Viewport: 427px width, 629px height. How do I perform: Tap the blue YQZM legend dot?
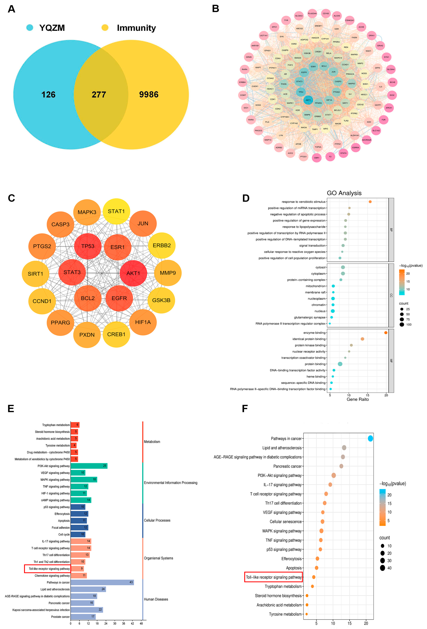[x=30, y=28]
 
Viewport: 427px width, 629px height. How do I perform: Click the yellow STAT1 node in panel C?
[x=116, y=211]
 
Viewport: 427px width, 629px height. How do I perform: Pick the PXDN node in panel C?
[x=87, y=335]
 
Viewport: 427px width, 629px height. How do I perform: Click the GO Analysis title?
[x=344, y=193]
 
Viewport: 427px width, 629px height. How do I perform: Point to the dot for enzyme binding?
[x=386, y=333]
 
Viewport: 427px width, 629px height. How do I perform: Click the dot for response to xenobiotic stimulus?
[x=370, y=202]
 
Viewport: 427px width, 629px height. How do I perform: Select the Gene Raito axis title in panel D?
[x=357, y=399]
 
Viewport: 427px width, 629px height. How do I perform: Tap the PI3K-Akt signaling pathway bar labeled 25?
[x=89, y=466]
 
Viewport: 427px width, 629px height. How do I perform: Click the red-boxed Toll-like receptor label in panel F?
[x=273, y=577]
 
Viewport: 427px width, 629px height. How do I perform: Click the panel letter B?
[x=216, y=9]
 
